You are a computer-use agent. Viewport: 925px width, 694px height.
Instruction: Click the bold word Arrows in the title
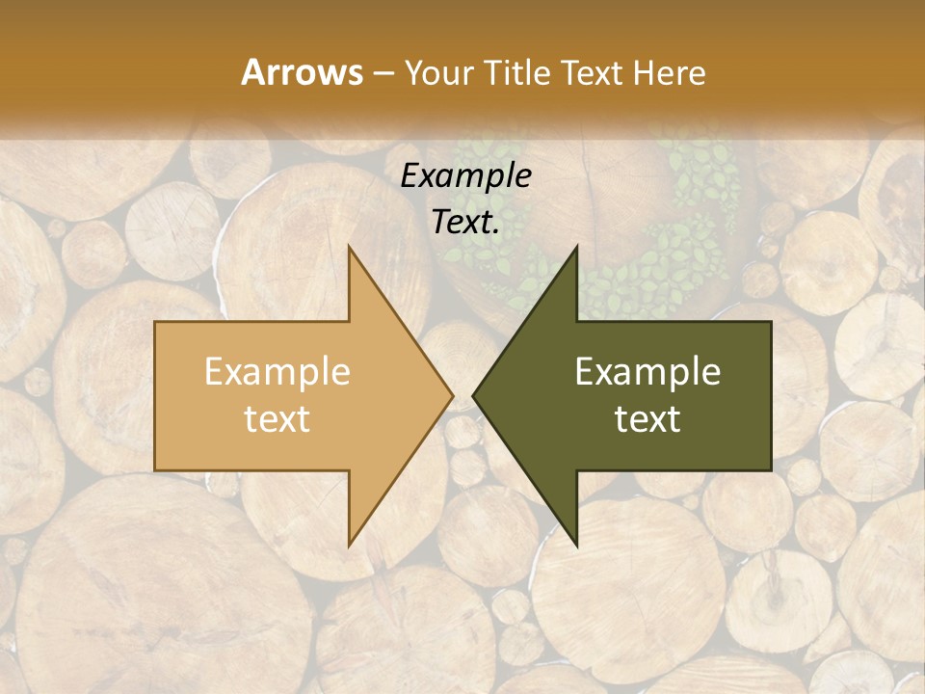pos(302,72)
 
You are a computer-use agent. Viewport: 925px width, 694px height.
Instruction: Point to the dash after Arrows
pos(383,74)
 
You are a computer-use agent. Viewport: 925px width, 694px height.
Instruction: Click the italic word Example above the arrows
pos(465,176)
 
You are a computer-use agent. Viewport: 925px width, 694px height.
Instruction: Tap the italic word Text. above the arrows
pos(465,223)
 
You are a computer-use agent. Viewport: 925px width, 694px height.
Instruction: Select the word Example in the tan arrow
pos(277,372)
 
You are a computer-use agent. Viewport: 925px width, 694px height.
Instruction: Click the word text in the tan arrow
pos(277,418)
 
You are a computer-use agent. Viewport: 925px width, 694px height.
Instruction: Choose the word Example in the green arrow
pos(647,372)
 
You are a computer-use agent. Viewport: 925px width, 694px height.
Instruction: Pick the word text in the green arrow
pos(647,418)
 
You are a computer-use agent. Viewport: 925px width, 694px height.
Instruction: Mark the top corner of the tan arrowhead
pos(350,248)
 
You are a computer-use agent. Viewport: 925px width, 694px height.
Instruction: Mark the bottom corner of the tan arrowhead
pos(350,545)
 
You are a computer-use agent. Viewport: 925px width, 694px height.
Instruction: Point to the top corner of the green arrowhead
pos(576,248)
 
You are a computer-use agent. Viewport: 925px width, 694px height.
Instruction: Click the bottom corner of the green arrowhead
pos(576,545)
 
